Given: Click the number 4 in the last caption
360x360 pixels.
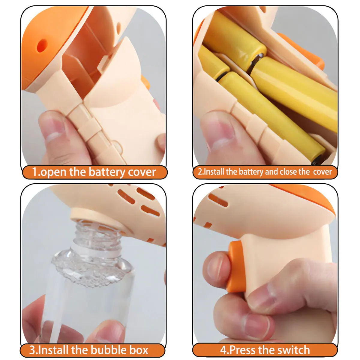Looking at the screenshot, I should coord(223,350).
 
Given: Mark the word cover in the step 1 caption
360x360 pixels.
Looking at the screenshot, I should coord(142,172).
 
